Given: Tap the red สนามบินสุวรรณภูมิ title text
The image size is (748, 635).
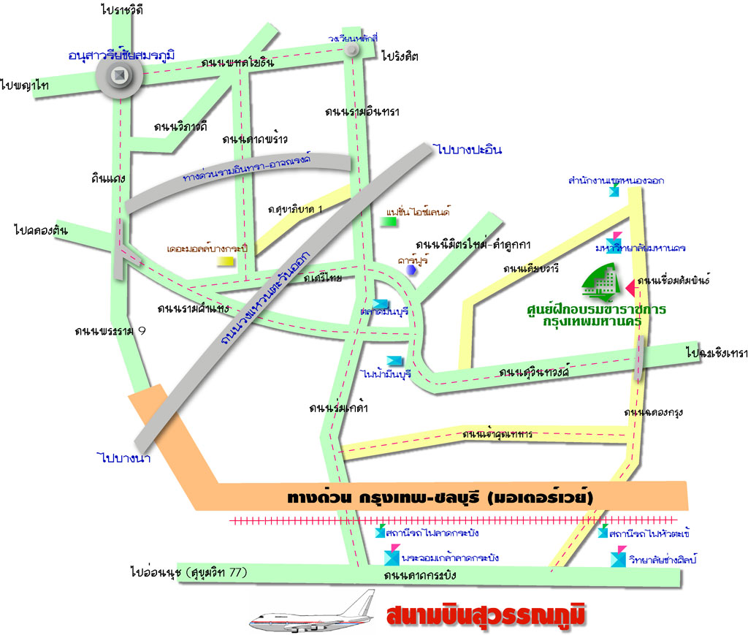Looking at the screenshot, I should (486, 615).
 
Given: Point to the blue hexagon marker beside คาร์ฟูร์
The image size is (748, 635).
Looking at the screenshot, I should (412, 270).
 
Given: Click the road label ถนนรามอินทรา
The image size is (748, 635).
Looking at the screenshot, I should (362, 112).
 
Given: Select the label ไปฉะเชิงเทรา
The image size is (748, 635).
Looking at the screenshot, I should (717, 353).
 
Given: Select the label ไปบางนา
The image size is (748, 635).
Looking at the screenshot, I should (123, 458).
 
